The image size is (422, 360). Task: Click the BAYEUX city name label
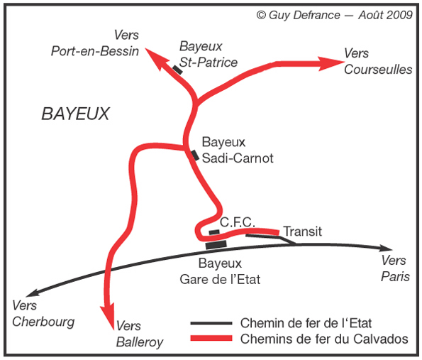click(x=76, y=114)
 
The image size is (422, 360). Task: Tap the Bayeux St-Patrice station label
click(x=209, y=54)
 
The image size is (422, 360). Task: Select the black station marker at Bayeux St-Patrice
click(x=177, y=70)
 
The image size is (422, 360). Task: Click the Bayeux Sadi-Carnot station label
click(x=238, y=150)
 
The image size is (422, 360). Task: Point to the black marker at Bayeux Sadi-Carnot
click(x=195, y=156)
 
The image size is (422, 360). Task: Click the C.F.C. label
click(x=237, y=222)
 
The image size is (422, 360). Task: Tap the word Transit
click(x=303, y=231)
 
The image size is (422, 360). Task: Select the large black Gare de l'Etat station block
click(x=216, y=245)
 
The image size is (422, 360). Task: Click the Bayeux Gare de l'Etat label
click(x=220, y=271)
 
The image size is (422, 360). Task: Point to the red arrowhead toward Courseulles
click(x=331, y=64)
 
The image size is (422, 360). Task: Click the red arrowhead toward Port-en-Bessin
click(x=155, y=58)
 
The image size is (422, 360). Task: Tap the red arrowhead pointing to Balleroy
click(x=108, y=317)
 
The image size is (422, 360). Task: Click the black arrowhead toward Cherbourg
click(x=33, y=293)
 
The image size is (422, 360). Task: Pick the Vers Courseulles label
click(x=378, y=62)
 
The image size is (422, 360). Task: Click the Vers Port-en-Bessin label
click(x=95, y=43)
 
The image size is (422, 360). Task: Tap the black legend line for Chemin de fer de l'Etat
click(x=211, y=323)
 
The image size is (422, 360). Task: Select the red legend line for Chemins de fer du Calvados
click(x=211, y=338)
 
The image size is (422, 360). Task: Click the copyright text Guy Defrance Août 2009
click(x=334, y=15)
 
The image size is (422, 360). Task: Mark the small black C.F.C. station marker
click(x=214, y=232)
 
